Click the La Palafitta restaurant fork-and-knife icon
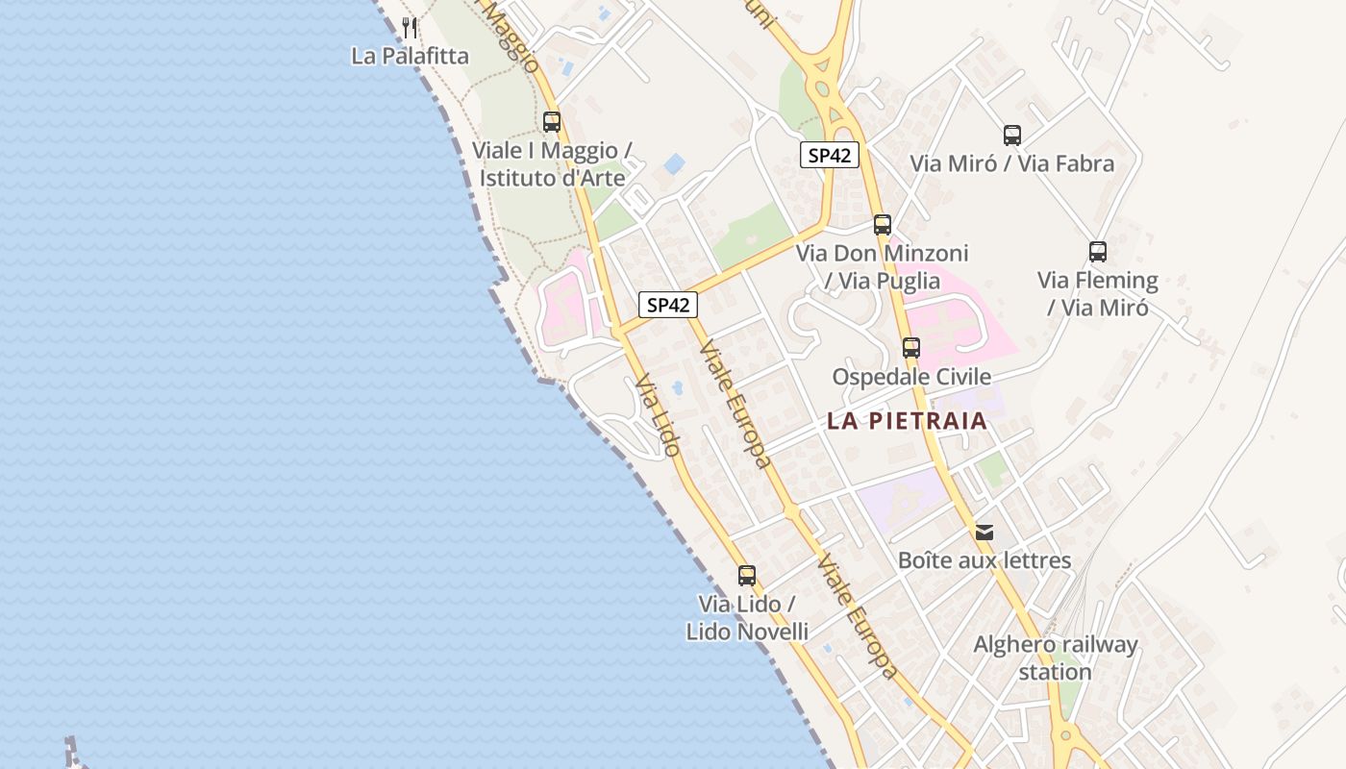[410, 27]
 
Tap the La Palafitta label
[410, 56]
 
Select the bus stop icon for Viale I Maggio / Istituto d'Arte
[552, 122]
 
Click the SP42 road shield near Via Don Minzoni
[829, 155]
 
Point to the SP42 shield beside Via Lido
[668, 305]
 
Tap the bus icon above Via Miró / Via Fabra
[1011, 136]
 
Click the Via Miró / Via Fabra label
[1011, 163]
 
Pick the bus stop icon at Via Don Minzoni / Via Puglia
[882, 225]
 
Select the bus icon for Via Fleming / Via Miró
[1098, 252]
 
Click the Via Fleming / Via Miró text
[1097, 294]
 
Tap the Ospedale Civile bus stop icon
[910, 348]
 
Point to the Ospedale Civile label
[910, 377]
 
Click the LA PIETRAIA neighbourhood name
[907, 421]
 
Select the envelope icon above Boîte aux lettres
[984, 532]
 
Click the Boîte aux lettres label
[984, 560]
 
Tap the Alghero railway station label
[1055, 657]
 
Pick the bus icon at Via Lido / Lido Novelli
[747, 576]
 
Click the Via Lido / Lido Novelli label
[747, 618]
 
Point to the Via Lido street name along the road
[658, 415]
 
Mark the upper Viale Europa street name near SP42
[735, 404]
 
